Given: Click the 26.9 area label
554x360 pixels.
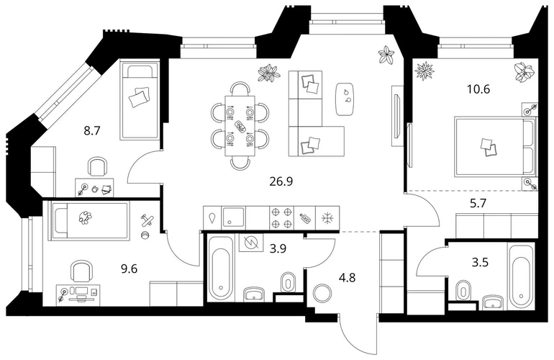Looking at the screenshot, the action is [x=281, y=181].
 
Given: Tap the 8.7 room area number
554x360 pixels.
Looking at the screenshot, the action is [x=92, y=131].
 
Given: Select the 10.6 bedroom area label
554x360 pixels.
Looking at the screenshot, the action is [x=478, y=89].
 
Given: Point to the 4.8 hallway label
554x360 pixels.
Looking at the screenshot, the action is [x=347, y=278].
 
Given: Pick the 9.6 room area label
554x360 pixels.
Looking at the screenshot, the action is [x=129, y=269].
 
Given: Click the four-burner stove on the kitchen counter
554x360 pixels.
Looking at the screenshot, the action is [x=281, y=217].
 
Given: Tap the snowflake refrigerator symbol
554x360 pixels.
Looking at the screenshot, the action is [x=327, y=217].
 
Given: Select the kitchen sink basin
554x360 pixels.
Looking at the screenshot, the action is [x=234, y=217].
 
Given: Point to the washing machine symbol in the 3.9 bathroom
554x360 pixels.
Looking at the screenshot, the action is [x=251, y=243].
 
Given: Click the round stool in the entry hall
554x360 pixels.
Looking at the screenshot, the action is [x=322, y=293].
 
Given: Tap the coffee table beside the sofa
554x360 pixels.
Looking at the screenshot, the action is [x=345, y=99].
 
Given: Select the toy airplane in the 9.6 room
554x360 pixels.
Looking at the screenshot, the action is [x=148, y=220].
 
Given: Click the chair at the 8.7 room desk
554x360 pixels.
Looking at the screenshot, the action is [x=98, y=166].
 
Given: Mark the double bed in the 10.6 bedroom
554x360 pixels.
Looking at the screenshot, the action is [x=495, y=146].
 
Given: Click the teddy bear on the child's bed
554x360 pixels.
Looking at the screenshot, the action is [x=85, y=217].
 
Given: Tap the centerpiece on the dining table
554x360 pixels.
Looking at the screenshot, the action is [x=240, y=125].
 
